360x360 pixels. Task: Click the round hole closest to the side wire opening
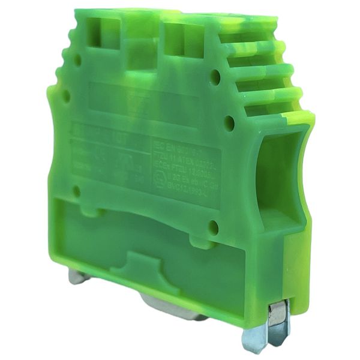click(229, 122)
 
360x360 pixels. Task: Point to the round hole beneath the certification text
click(213, 227)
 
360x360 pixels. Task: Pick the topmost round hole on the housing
click(77, 59)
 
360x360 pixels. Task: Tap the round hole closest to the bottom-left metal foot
click(76, 191)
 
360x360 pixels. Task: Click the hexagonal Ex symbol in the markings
click(160, 181)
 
